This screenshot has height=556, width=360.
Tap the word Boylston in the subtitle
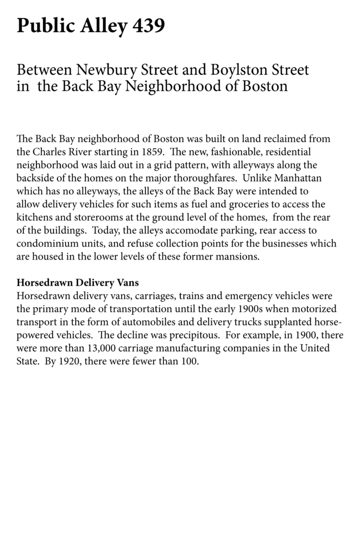coord(236,70)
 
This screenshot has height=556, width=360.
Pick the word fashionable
coord(221,151)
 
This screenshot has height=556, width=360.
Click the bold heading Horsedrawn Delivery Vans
coord(78,283)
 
